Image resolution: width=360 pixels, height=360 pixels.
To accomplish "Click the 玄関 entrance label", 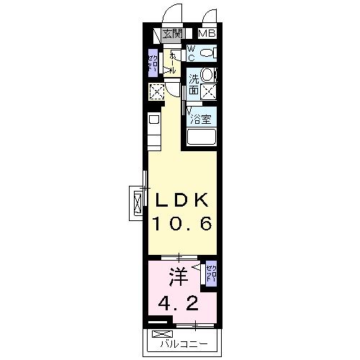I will (x=171, y=34).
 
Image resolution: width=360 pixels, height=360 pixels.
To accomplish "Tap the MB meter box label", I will (x=207, y=34).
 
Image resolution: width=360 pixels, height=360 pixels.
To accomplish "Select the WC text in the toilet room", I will (x=192, y=52).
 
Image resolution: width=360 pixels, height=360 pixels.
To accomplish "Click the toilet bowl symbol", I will (x=207, y=53).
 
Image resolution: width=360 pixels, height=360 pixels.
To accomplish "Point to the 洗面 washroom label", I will (x=194, y=85).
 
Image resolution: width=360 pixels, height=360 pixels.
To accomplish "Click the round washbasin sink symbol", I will (x=207, y=74).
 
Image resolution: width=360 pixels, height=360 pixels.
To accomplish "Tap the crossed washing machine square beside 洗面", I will (x=208, y=91).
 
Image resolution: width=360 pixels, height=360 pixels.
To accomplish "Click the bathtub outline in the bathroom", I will (x=202, y=138).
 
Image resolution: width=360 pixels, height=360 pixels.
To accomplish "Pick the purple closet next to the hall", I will (x=153, y=63).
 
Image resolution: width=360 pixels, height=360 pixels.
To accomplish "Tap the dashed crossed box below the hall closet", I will (x=156, y=91).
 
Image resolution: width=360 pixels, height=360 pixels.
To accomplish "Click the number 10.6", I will (x=180, y=225).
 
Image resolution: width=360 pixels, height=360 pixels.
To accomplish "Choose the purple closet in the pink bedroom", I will (x=210, y=274).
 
